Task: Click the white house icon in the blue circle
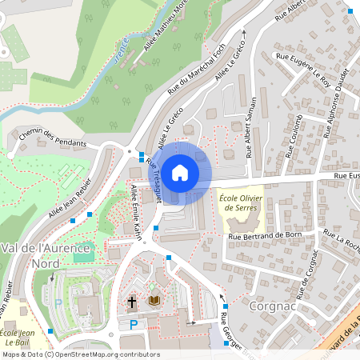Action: coord(180,171)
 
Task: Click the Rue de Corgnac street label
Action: coord(311,272)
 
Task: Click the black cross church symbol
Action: coord(132,302)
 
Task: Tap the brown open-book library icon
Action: coord(154,301)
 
